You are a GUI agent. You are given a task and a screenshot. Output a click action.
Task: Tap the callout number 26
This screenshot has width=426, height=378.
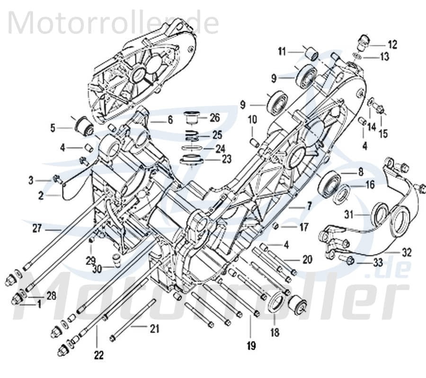[x=215, y=117]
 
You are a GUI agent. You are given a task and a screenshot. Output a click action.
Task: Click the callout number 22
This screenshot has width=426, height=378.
[x=98, y=354]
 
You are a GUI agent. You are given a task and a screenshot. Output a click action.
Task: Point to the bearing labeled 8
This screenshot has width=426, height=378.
[x=329, y=182]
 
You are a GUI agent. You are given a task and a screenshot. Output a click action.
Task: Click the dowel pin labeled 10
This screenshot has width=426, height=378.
[x=253, y=141]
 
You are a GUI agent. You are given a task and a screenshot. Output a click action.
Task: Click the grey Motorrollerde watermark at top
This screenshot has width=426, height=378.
[x=114, y=23]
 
